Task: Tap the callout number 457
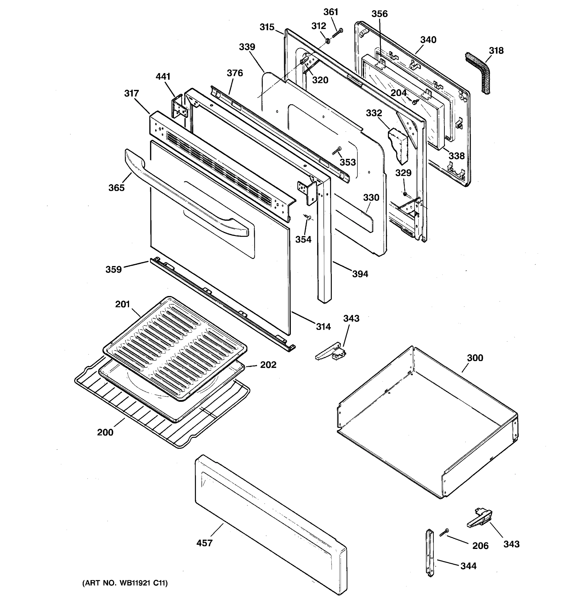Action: tap(204, 543)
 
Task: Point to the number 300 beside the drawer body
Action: tap(475, 358)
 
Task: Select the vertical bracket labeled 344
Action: tap(430, 553)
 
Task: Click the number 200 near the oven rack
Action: tap(105, 432)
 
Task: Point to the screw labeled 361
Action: tap(337, 33)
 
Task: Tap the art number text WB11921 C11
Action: tap(125, 583)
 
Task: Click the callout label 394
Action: tap(360, 274)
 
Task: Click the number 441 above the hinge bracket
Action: tap(163, 76)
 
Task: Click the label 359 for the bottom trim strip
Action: tap(113, 269)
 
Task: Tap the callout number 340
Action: tap(428, 40)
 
